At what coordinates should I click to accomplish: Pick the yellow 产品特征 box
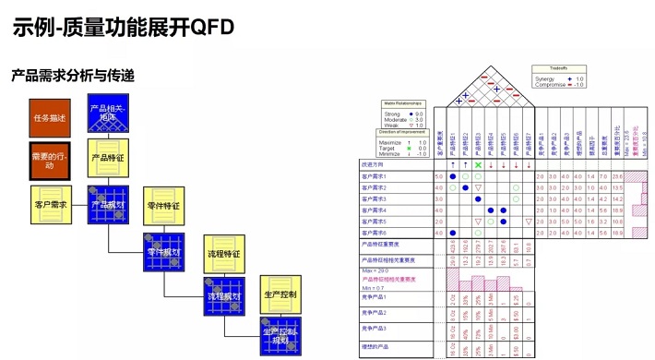tap(108, 159)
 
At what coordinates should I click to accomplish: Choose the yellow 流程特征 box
tap(223, 251)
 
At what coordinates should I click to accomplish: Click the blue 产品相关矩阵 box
tap(108, 115)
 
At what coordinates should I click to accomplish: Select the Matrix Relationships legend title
tap(403, 106)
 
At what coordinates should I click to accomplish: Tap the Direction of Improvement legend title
tap(403, 131)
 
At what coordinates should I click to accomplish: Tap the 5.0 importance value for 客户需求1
tap(438, 175)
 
